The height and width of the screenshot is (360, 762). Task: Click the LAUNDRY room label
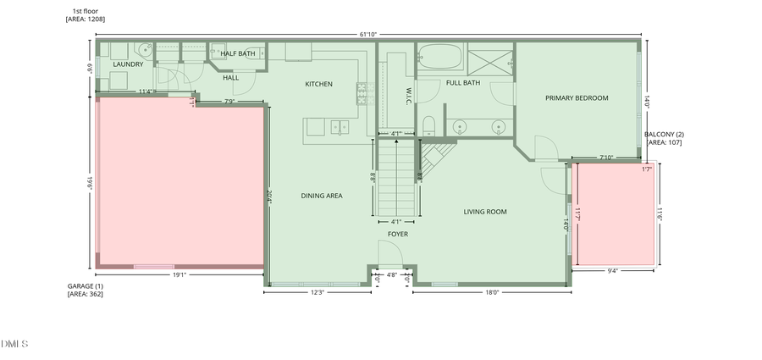coord(129,64)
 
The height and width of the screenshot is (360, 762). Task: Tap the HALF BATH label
coord(238,53)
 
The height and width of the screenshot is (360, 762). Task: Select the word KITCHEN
coord(319,84)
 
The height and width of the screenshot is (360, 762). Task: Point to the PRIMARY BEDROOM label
coord(577,98)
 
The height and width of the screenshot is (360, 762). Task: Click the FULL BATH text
coord(463,83)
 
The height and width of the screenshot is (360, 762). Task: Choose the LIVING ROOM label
coord(485,212)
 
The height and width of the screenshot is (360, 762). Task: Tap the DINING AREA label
coord(322,196)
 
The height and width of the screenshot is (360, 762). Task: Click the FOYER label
coord(398,234)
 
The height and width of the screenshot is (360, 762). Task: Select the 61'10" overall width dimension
coord(369,35)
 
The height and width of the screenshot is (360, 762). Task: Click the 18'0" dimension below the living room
coord(492,293)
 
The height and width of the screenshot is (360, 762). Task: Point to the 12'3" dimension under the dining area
coord(317,293)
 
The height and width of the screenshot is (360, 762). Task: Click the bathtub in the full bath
coord(439,58)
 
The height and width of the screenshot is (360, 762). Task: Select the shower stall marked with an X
coord(491,58)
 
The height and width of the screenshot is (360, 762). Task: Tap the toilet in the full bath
coord(428,126)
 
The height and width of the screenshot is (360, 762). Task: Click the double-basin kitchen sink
coord(339,127)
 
